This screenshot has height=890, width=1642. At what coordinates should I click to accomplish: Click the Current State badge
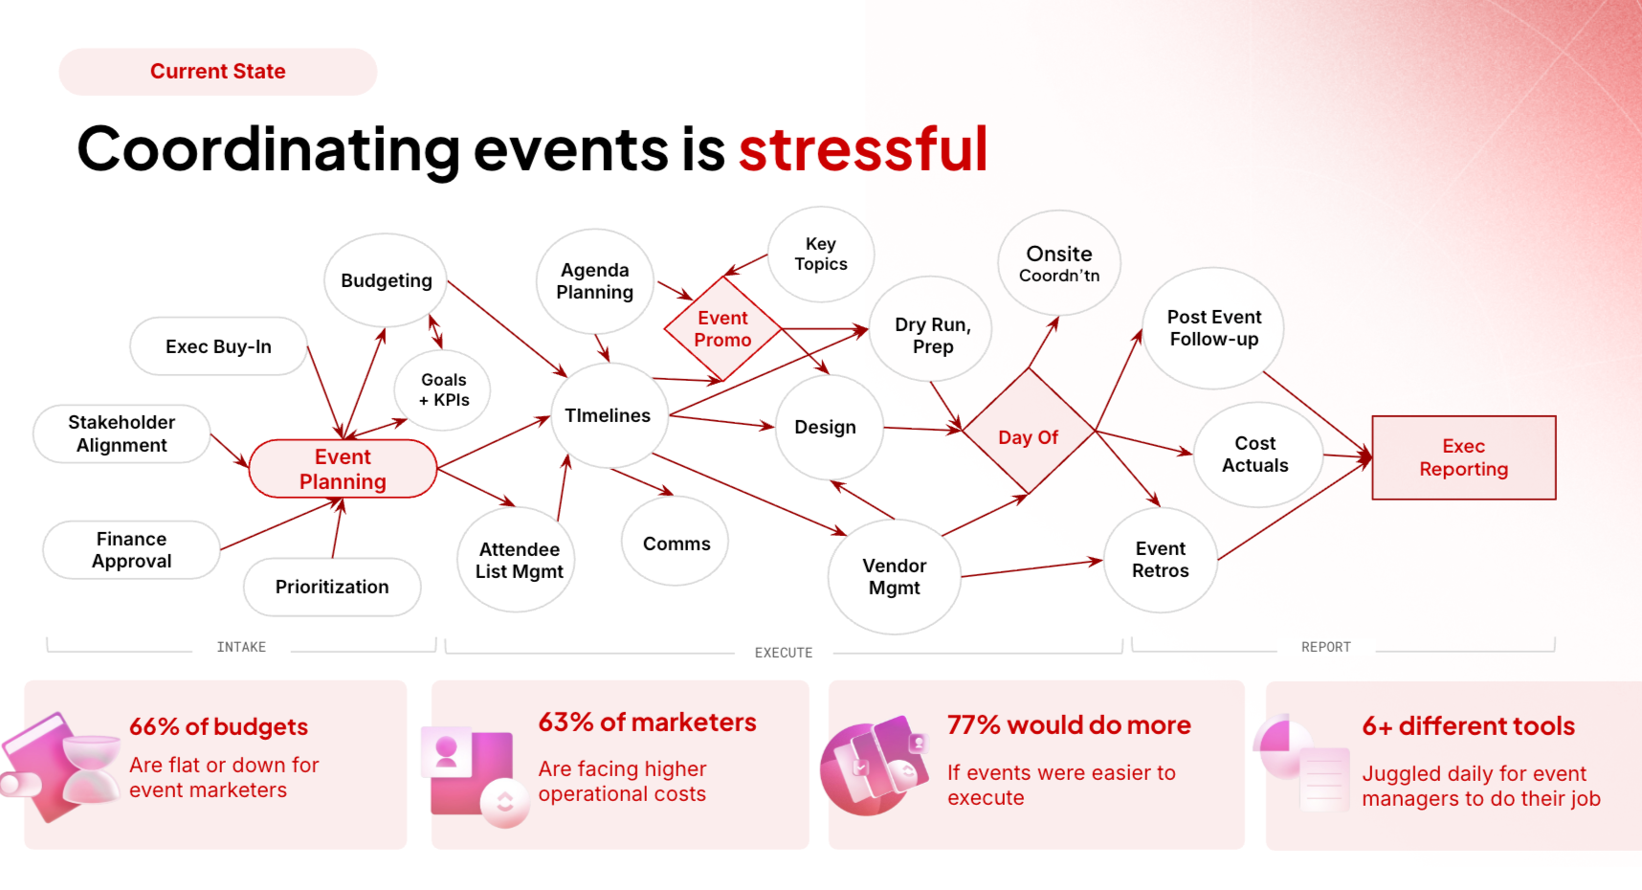pos(218,72)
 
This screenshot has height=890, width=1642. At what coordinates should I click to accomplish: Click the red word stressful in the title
pos(862,149)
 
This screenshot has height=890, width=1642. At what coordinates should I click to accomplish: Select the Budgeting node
pos(386,280)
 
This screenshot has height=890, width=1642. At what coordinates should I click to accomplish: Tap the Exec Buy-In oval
pos(218,346)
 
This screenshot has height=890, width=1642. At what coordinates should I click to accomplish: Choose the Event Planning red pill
pos(343,469)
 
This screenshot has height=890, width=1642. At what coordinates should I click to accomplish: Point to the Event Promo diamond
pos(722,329)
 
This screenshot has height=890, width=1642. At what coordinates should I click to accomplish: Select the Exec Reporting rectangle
pos(1463,457)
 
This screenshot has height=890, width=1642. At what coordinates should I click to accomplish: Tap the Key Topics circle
pos(821,254)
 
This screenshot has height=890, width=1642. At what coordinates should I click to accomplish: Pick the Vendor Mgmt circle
pos(894,577)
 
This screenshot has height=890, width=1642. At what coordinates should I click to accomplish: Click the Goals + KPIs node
pos(443,389)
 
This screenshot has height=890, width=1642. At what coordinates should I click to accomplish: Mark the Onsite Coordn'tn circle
pos(1058,263)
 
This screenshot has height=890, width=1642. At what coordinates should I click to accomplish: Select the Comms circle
pos(676,543)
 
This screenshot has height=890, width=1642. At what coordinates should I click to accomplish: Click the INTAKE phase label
pos(241,647)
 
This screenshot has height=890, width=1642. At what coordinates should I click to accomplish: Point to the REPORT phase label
pos(1325,647)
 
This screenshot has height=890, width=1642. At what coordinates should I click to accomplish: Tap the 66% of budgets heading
pos(218,726)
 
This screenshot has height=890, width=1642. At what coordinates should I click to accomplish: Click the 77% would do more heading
pos(1069,724)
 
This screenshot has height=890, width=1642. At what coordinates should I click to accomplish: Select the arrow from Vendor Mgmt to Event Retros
pos(1032,568)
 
